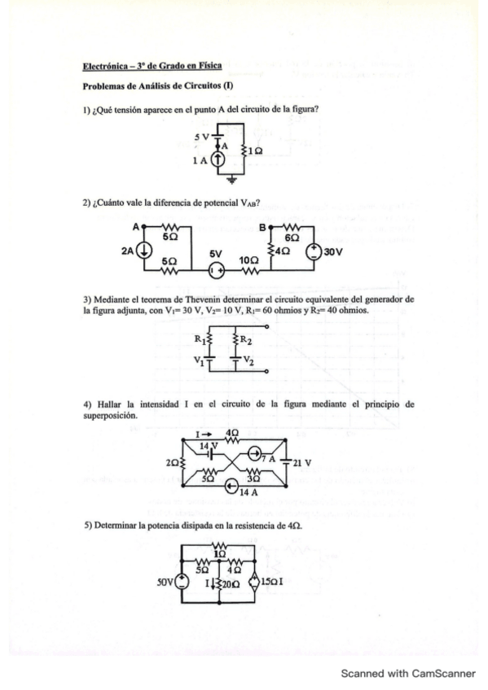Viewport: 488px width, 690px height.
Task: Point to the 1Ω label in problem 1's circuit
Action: pos(256,151)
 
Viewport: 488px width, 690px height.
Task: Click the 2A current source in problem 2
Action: pos(143,251)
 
